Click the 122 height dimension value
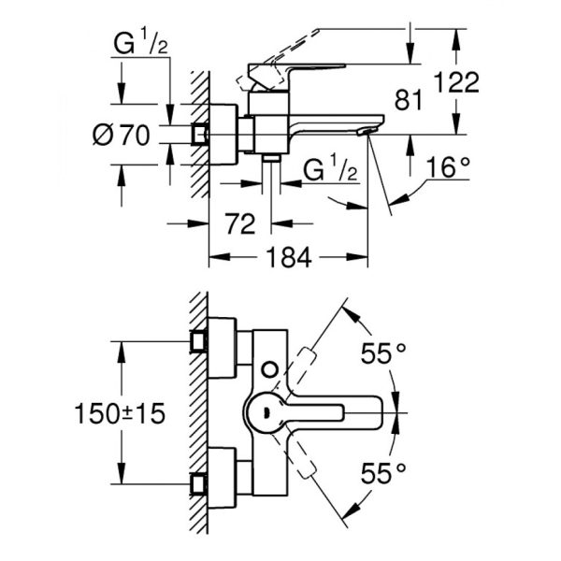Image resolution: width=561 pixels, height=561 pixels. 457,82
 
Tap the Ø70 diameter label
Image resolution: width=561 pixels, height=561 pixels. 122,135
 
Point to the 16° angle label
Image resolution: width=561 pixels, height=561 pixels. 447,168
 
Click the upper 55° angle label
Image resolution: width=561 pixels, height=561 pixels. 384,354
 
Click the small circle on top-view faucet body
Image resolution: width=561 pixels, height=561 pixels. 271,369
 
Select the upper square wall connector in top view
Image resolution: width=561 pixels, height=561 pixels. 197,340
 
